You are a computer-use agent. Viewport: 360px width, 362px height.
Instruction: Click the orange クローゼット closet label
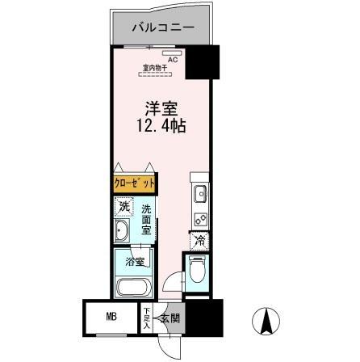click(133, 185)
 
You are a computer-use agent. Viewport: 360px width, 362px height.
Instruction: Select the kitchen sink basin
click(199, 195)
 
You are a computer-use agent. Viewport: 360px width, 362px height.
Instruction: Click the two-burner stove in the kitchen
click(199, 217)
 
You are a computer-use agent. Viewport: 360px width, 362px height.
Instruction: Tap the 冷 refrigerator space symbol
click(199, 241)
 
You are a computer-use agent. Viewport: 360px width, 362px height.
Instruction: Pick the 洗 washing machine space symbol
click(123, 208)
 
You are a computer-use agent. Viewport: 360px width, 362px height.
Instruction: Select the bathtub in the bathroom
click(134, 286)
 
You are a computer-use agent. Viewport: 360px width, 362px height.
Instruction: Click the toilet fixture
click(197, 271)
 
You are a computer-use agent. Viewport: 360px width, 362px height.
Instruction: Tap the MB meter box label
click(111, 316)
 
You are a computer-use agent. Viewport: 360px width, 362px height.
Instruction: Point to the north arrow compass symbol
click(265, 323)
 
